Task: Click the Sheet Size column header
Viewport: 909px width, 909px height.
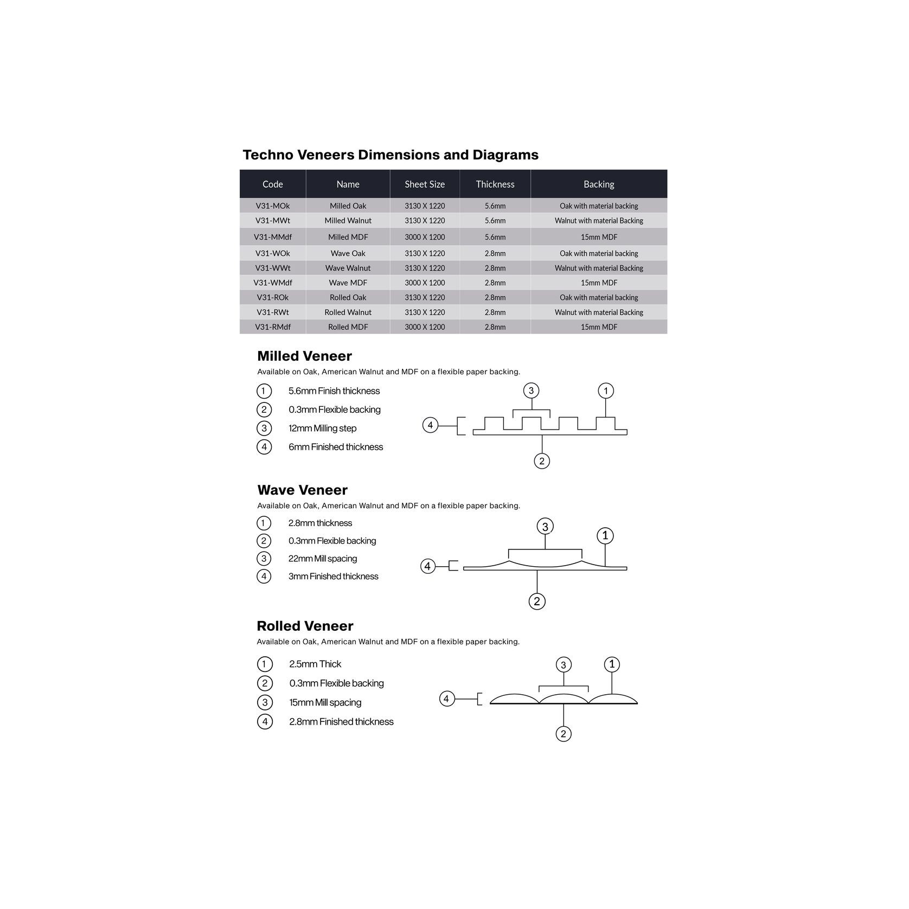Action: tap(425, 184)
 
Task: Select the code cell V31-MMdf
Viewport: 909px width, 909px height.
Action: tap(273, 237)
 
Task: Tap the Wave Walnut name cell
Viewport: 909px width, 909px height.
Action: tap(348, 268)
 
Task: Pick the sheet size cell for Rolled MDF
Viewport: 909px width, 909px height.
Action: tap(425, 327)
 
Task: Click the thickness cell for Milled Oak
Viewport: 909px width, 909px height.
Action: tap(495, 206)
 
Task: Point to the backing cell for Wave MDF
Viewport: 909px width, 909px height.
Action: tap(599, 283)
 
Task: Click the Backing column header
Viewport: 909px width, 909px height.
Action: tap(599, 184)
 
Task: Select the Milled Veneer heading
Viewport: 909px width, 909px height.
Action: tap(304, 356)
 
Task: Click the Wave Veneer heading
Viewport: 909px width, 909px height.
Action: tap(302, 490)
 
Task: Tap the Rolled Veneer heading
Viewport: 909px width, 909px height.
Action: tap(305, 626)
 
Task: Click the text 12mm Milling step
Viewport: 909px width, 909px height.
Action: tap(322, 428)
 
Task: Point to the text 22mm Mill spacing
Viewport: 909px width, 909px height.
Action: tap(322, 559)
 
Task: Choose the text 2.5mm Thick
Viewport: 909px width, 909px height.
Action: tap(315, 664)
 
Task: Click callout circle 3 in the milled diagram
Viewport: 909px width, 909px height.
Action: tap(531, 391)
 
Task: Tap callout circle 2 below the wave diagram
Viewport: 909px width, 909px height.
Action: tap(537, 601)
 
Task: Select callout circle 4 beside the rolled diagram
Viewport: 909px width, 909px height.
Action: tap(446, 699)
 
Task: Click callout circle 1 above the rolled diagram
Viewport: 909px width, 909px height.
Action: tap(612, 664)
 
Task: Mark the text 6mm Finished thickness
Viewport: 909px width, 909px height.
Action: tap(336, 447)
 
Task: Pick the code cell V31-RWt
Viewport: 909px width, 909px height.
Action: tap(273, 312)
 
